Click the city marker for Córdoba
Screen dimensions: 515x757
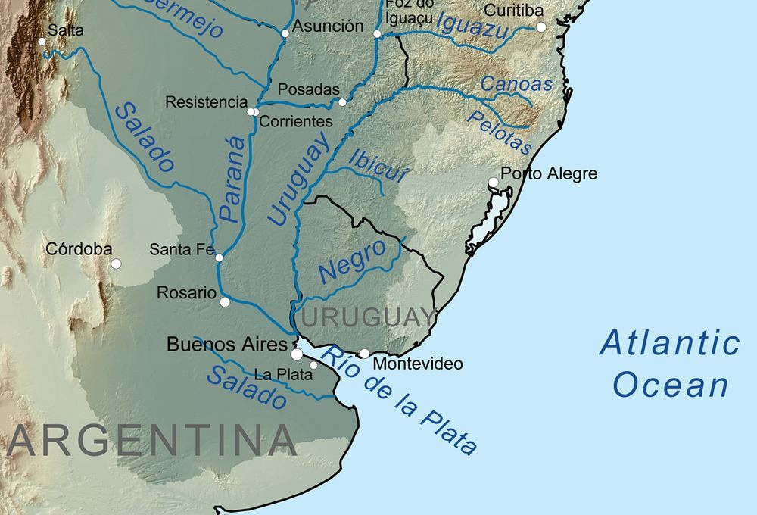(x=116, y=264)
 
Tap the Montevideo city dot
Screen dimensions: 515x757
(x=364, y=354)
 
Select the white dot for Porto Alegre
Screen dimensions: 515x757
(x=493, y=183)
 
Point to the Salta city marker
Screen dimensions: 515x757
(x=42, y=41)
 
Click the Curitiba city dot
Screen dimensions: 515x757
(x=540, y=27)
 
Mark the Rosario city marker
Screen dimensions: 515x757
(x=224, y=301)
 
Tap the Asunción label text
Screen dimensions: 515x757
(x=328, y=26)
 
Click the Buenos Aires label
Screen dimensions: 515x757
(x=226, y=345)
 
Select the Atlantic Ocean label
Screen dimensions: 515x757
(x=670, y=364)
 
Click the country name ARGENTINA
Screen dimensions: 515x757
(x=151, y=441)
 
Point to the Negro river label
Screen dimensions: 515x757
(x=353, y=261)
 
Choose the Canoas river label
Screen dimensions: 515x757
(x=517, y=84)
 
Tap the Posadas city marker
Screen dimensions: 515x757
(x=342, y=102)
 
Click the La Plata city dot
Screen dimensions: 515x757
(x=313, y=366)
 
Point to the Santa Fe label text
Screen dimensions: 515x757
(x=182, y=248)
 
